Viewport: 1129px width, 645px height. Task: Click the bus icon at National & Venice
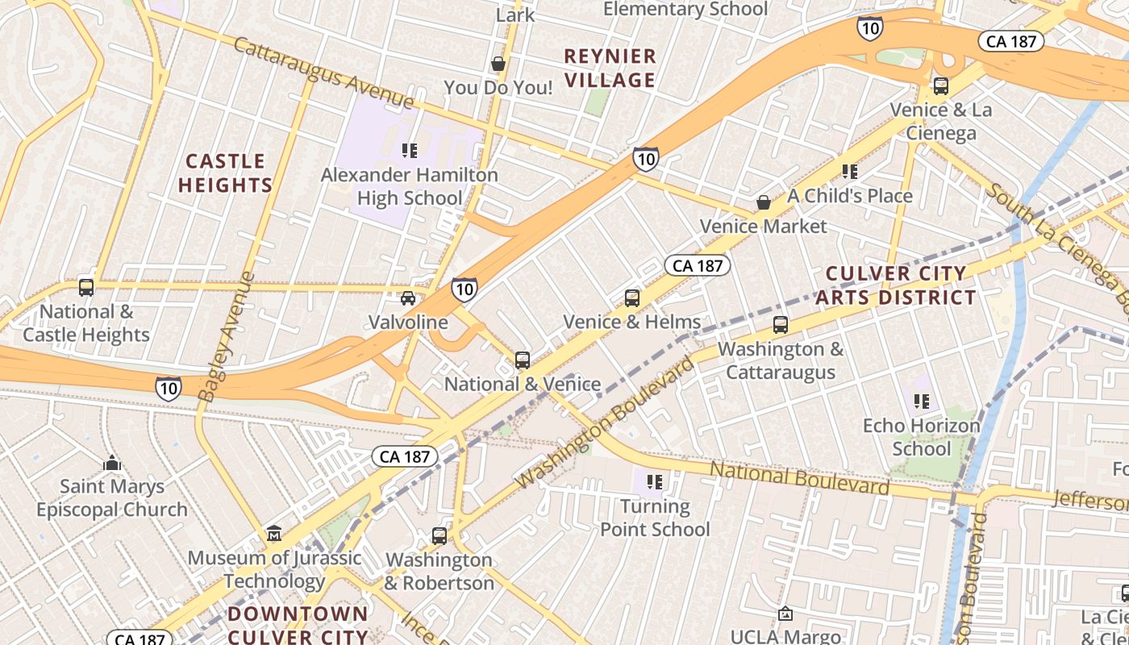(523, 360)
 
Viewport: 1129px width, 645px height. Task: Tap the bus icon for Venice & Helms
(632, 298)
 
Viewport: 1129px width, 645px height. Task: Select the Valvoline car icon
(408, 298)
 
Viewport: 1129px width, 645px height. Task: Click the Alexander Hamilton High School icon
(410, 150)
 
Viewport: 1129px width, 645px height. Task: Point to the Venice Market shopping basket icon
(763, 202)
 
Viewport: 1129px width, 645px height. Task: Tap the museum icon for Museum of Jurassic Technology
(274, 534)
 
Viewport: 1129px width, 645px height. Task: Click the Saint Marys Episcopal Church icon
(112, 463)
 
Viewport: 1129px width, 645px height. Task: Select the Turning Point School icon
(655, 482)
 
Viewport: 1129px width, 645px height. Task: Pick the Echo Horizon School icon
(922, 401)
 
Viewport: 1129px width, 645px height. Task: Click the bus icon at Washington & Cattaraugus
(780, 325)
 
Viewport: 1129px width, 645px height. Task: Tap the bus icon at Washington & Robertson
(439, 535)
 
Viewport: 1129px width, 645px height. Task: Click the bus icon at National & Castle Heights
(85, 287)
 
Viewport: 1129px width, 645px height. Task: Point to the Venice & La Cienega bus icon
(940, 85)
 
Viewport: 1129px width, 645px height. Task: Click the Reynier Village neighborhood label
(610, 68)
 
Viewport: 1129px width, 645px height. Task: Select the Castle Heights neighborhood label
(225, 173)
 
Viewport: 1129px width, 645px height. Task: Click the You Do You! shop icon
(498, 64)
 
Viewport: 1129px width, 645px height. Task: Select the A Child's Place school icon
(849, 171)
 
